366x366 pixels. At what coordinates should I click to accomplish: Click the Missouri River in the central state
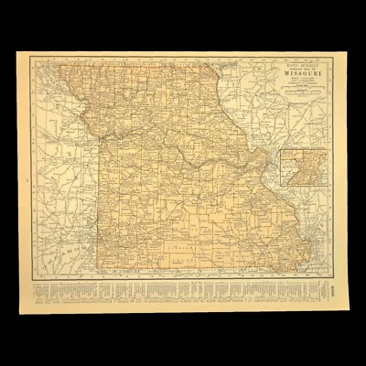(x=183, y=151)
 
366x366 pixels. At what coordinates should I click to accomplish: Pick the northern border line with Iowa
(x=146, y=67)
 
